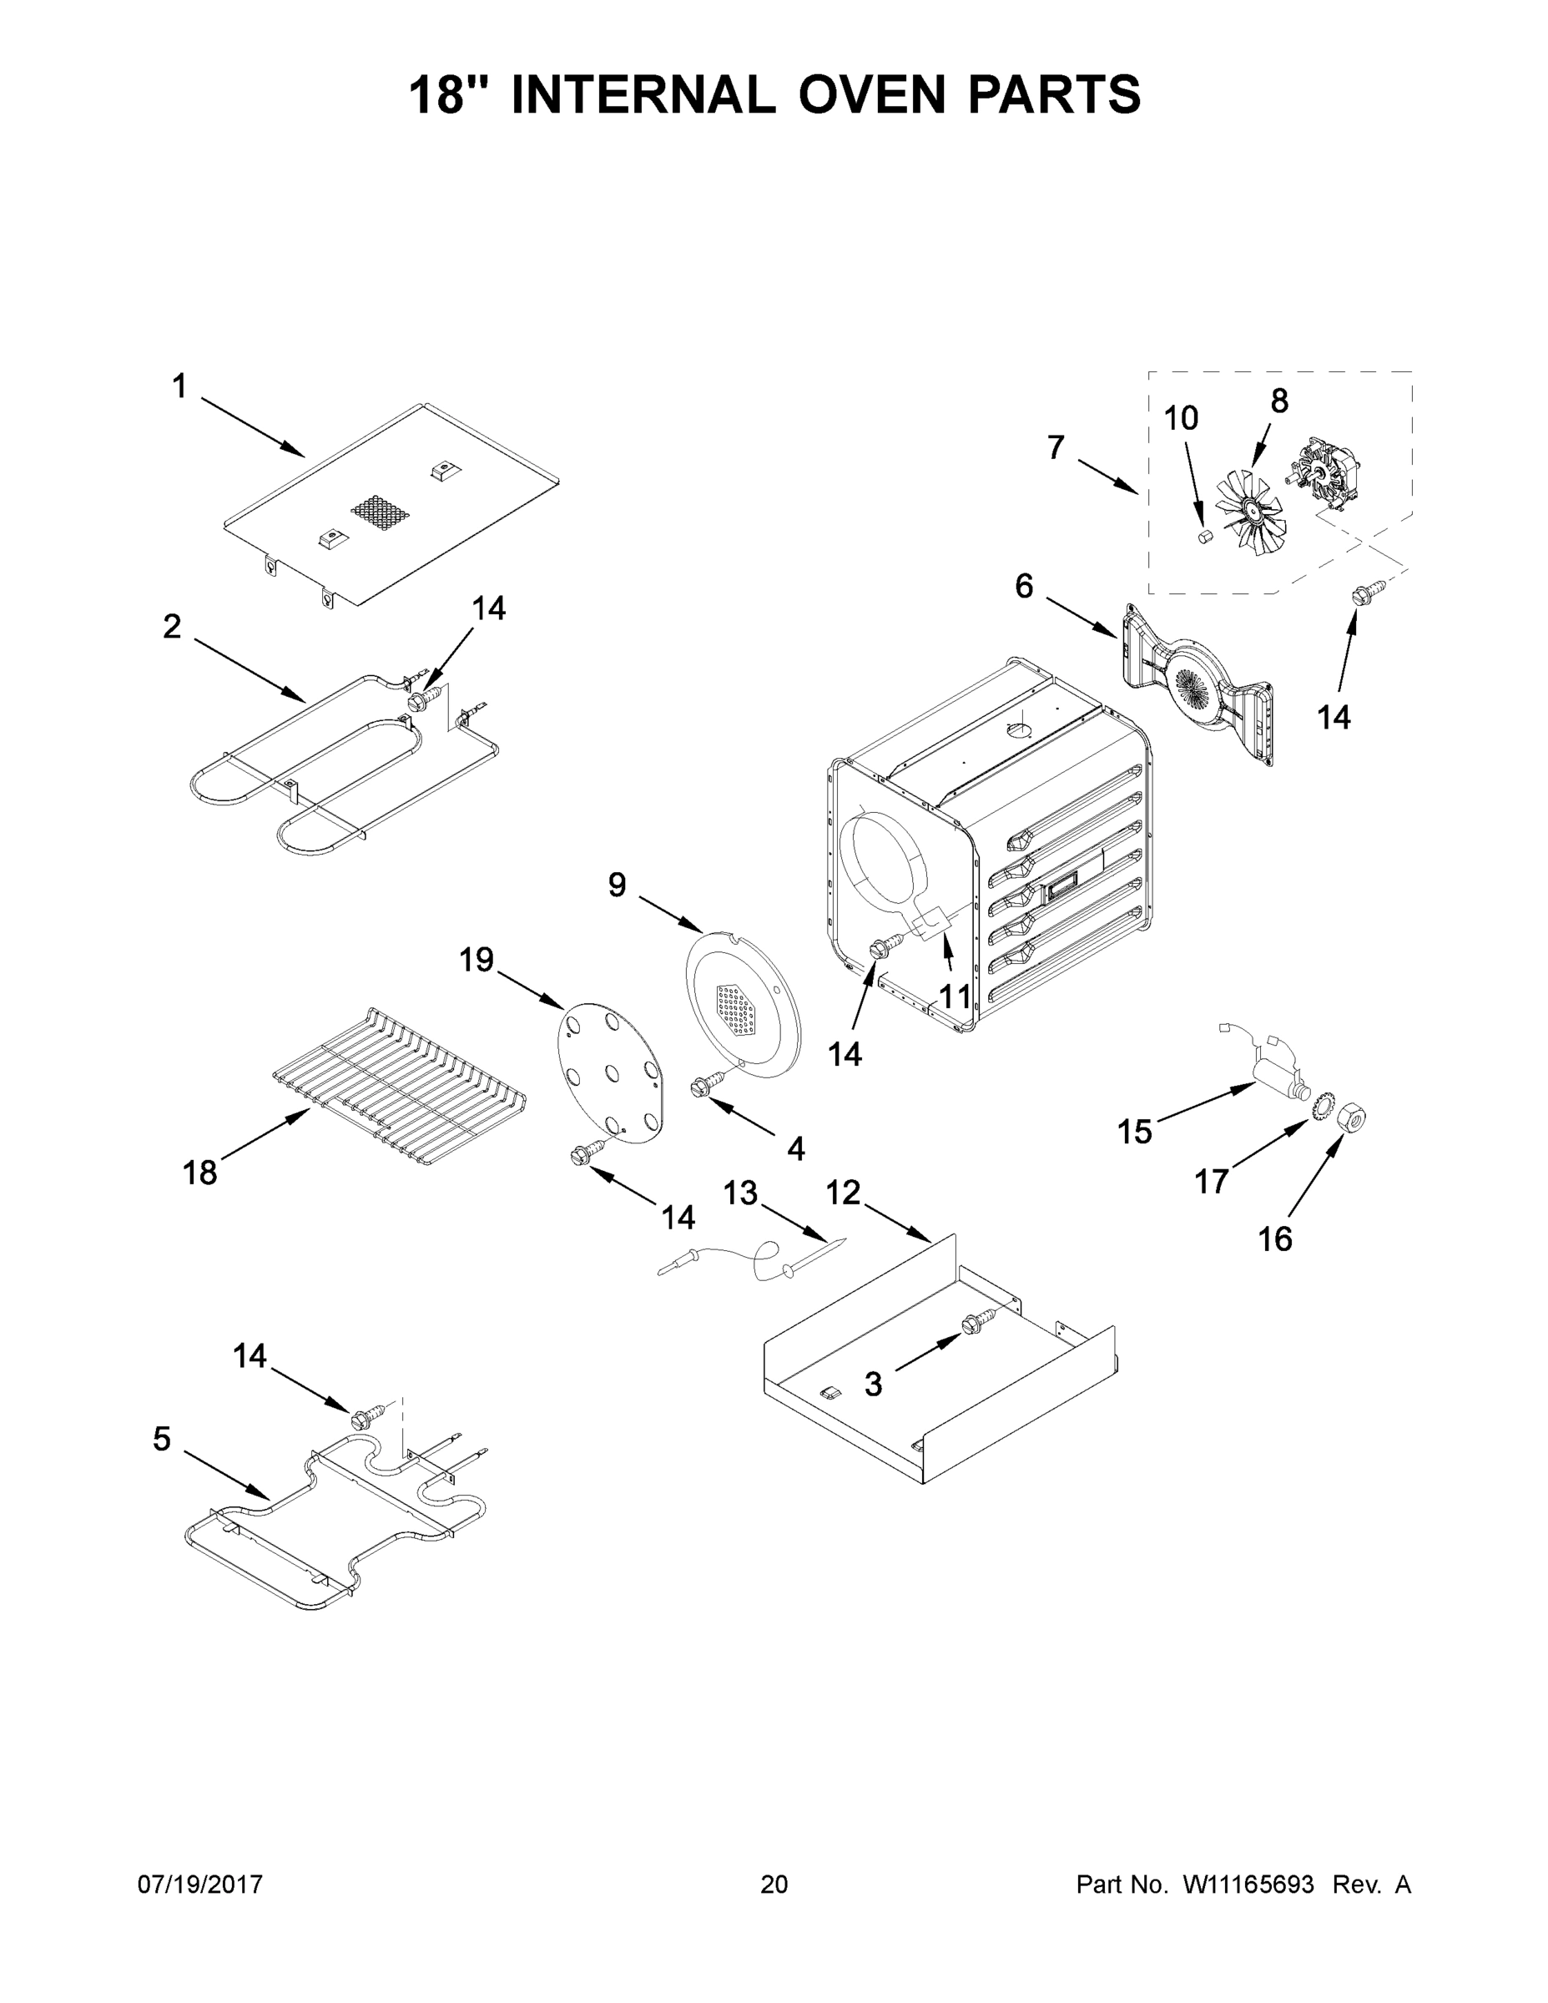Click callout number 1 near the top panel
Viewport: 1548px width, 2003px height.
pos(179,387)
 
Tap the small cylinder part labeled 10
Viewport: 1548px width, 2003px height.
pos(1206,535)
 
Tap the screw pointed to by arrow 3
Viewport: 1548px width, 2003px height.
pos(972,1324)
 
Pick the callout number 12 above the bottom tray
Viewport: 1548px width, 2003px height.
pos(843,1193)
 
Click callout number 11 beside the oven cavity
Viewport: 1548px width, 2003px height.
pos(955,995)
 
